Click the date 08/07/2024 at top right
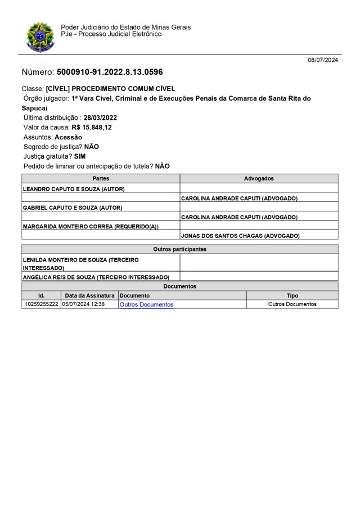(x=323, y=60)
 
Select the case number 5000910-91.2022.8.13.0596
(x=110, y=73)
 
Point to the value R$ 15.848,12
(x=92, y=128)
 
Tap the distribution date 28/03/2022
(x=100, y=118)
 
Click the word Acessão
(x=68, y=137)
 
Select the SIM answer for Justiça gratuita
(x=80, y=156)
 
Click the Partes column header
(x=101, y=178)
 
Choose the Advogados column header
(x=259, y=178)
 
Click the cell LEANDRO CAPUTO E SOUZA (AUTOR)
(x=74, y=189)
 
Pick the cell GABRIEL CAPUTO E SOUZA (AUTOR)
(x=73, y=208)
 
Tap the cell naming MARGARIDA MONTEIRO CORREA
(x=91, y=227)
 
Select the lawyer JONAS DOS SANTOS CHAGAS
(x=240, y=236)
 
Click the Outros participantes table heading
(x=180, y=249)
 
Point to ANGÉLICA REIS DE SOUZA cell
(x=96, y=277)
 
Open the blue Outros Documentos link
(x=146, y=304)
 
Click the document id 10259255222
(x=40, y=304)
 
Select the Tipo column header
(x=292, y=295)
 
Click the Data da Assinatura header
(x=89, y=295)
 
